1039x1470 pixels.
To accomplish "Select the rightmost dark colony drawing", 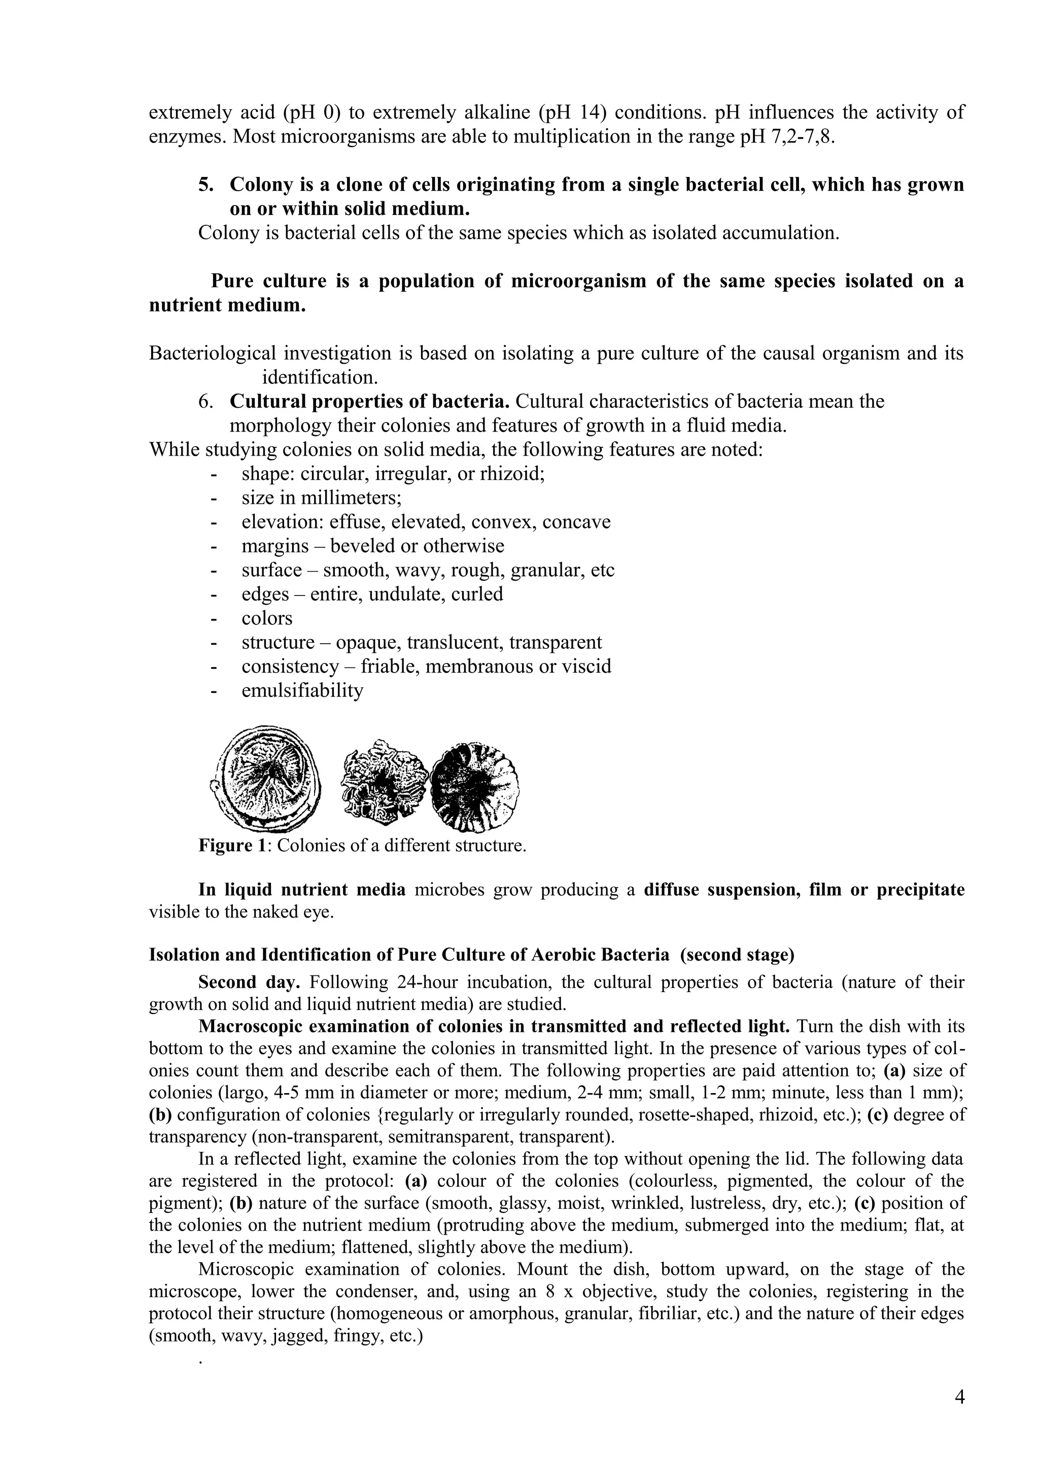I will (474, 786).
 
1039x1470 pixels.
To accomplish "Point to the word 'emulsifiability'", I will (302, 691).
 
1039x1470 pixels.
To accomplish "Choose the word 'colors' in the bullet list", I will (267, 618).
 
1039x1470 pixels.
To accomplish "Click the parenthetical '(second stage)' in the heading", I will (737, 955).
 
